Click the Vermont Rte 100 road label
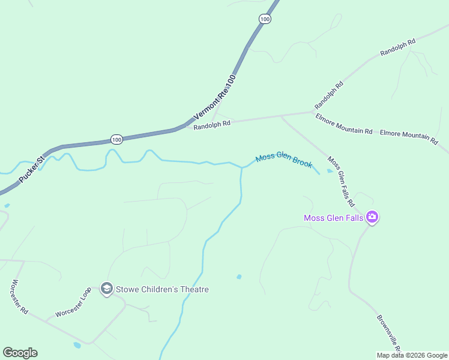(x=215, y=96)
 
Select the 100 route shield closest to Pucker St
(x=116, y=140)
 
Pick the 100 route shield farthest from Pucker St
(x=265, y=19)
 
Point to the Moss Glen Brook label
(x=284, y=160)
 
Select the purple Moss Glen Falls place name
(x=334, y=218)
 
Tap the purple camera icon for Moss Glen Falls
(x=372, y=217)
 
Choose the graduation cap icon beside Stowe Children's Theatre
(x=107, y=289)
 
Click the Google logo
(x=20, y=353)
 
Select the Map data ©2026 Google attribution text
(x=411, y=355)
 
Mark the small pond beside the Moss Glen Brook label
(x=330, y=171)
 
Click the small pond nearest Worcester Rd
(x=77, y=345)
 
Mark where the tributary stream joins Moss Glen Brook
(x=241, y=168)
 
